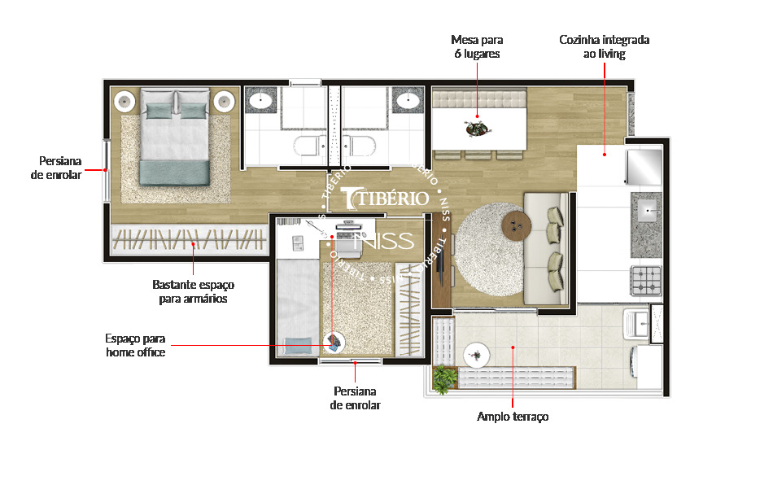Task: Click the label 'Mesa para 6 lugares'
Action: pyautogui.click(x=477, y=47)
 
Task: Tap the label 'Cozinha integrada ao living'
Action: pyautogui.click(x=604, y=47)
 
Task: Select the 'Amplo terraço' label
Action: pyautogui.click(x=513, y=417)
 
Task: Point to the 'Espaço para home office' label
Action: pyautogui.click(x=135, y=345)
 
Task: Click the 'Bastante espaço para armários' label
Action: pyautogui.click(x=194, y=292)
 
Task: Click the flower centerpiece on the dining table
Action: pyautogui.click(x=477, y=129)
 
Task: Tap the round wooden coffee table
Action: pyautogui.click(x=516, y=225)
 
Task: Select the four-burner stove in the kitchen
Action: pyautogui.click(x=646, y=281)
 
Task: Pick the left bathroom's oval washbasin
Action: pyautogui.click(x=261, y=101)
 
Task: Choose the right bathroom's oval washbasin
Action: pyautogui.click(x=408, y=101)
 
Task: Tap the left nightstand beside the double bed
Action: pyautogui.click(x=124, y=102)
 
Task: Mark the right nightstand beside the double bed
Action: pyautogui.click(x=225, y=102)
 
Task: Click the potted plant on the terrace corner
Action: pyautogui.click(x=444, y=379)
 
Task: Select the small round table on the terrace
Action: pyautogui.click(x=477, y=355)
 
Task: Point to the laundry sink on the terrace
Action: pyautogui.click(x=636, y=324)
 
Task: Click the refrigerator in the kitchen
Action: pyautogui.click(x=644, y=167)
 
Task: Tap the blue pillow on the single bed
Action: pyautogui.click(x=299, y=346)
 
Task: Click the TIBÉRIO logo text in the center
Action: pyautogui.click(x=386, y=198)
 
